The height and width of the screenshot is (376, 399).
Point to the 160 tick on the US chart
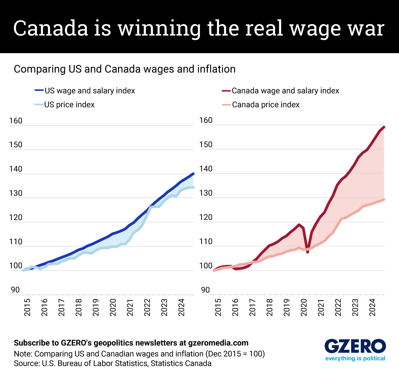(16, 121)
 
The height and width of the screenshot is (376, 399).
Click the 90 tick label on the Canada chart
(205, 290)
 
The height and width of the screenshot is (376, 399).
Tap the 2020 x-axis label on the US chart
(113, 307)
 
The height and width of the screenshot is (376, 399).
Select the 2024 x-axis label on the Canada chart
(373, 307)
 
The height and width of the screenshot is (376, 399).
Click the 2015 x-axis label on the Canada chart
(218, 307)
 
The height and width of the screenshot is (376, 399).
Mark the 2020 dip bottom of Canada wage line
(308, 252)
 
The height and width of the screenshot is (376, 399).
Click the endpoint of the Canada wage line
(384, 127)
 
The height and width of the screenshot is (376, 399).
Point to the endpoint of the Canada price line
(384, 199)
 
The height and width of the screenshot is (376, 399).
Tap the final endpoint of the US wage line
(193, 174)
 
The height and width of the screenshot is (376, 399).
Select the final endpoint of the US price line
(193, 187)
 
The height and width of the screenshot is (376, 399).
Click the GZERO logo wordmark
(355, 346)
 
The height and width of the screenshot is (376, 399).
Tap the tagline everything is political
(355, 358)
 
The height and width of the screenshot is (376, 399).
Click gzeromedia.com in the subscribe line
(218, 343)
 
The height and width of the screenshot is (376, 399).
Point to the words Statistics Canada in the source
(181, 363)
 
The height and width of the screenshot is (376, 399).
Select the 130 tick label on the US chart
(16, 193)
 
